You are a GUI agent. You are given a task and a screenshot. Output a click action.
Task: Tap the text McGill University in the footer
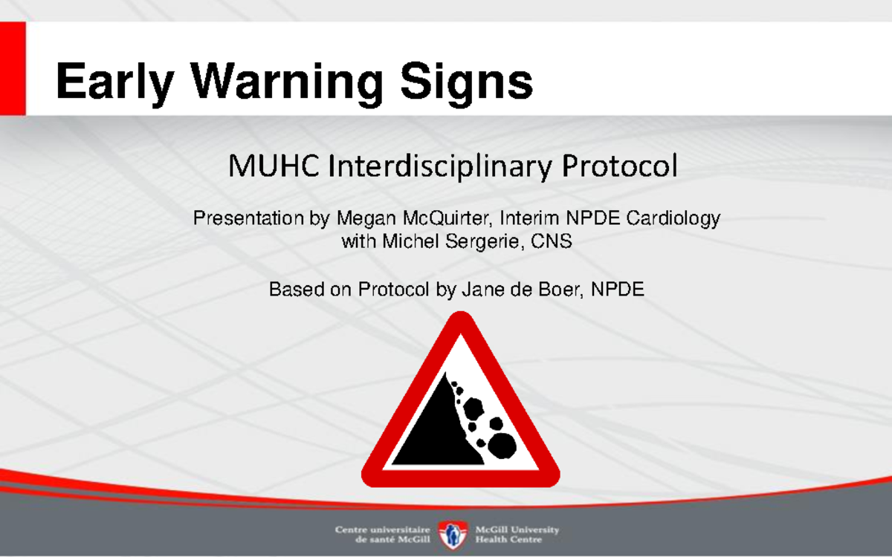click(517, 529)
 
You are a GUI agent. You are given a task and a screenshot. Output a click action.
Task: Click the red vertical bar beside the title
click(13, 68)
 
